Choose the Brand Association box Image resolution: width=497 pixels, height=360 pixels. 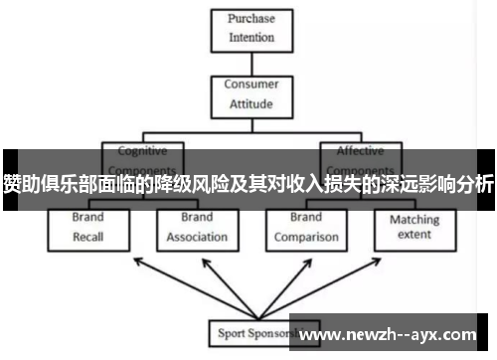pyautogui.click(x=197, y=228)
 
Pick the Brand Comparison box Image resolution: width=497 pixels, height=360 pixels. pyautogui.click(x=305, y=228)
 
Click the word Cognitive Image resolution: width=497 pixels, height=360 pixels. pyautogui.click(x=142, y=151)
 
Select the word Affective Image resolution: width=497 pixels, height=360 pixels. pyautogui.click(x=359, y=151)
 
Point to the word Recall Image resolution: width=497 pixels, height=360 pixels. pyautogui.click(x=87, y=238)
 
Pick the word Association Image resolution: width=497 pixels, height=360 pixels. pyautogui.click(x=197, y=238)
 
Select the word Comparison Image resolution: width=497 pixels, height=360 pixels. pyautogui.click(x=305, y=238)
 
